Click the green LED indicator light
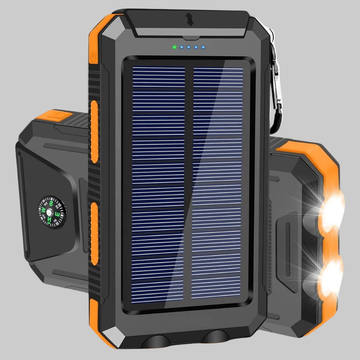coord(175,47)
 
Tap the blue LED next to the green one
coord(182,47)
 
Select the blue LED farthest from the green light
coord(203,47)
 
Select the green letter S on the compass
coord(51,204)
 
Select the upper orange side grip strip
coord(94,131)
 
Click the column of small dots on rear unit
coord(270,230)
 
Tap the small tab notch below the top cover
coord(190,37)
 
